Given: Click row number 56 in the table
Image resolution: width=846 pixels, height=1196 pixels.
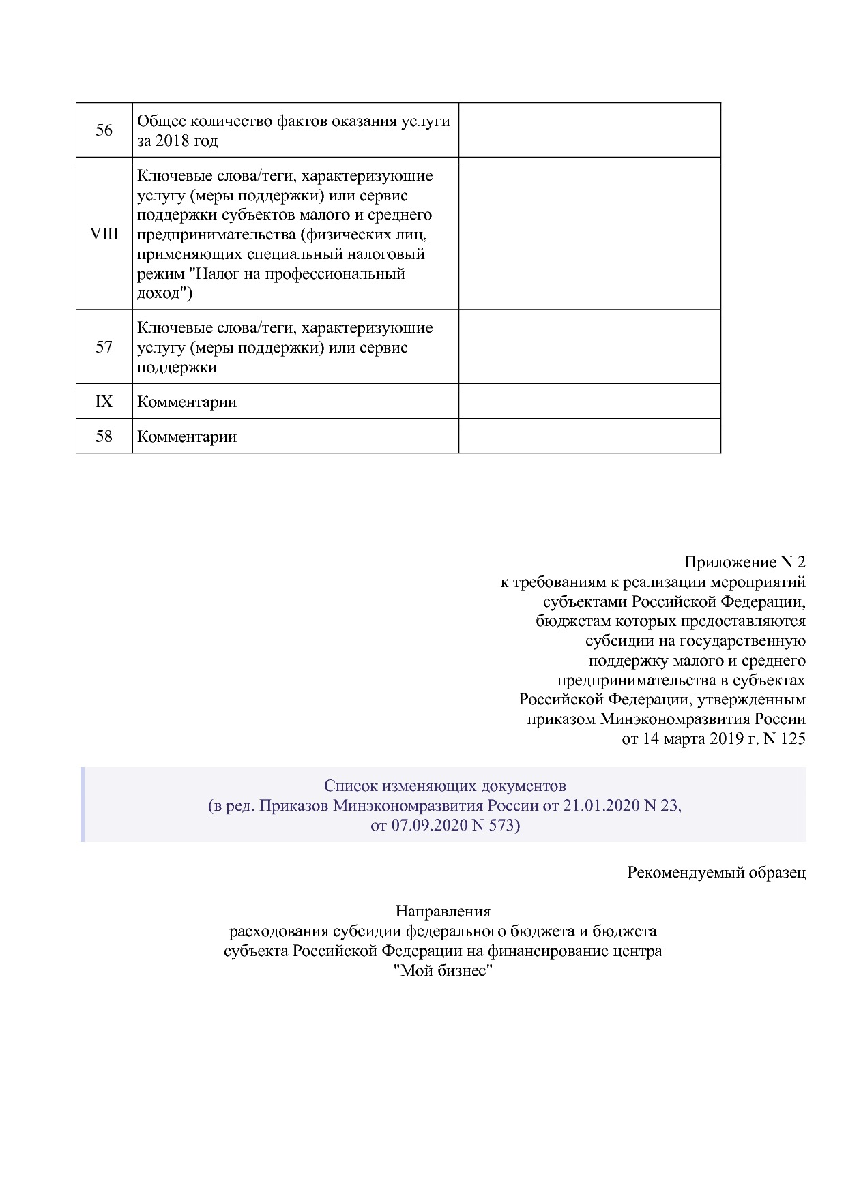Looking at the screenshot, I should pos(104,130).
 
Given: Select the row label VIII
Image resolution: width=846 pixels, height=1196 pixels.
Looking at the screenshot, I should pos(104,234).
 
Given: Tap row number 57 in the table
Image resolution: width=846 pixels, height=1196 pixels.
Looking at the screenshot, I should pos(104,347).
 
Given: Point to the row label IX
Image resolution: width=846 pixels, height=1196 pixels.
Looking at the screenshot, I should pos(104,402).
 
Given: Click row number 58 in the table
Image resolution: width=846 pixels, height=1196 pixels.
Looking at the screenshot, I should pos(104,436).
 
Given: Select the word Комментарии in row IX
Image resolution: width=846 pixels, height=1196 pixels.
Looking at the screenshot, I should pos(187,402).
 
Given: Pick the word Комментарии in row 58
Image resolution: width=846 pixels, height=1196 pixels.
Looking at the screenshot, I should pos(187,436).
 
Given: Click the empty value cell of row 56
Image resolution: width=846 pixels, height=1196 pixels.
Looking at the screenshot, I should pos(589,130).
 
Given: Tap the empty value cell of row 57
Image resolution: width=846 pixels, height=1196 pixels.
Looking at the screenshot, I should pos(589,347).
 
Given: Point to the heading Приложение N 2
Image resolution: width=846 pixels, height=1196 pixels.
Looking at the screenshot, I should pos(744,562).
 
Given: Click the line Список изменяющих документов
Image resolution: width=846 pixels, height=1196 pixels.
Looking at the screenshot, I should pos(445,786).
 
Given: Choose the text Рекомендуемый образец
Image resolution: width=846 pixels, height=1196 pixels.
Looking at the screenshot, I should pos(716,872).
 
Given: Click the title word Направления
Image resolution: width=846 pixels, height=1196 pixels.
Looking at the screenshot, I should pos(443,911).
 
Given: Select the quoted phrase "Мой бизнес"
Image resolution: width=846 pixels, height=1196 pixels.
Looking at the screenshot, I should pos(443,970).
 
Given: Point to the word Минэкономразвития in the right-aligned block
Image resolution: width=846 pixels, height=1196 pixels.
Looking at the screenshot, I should pos(675,719).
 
